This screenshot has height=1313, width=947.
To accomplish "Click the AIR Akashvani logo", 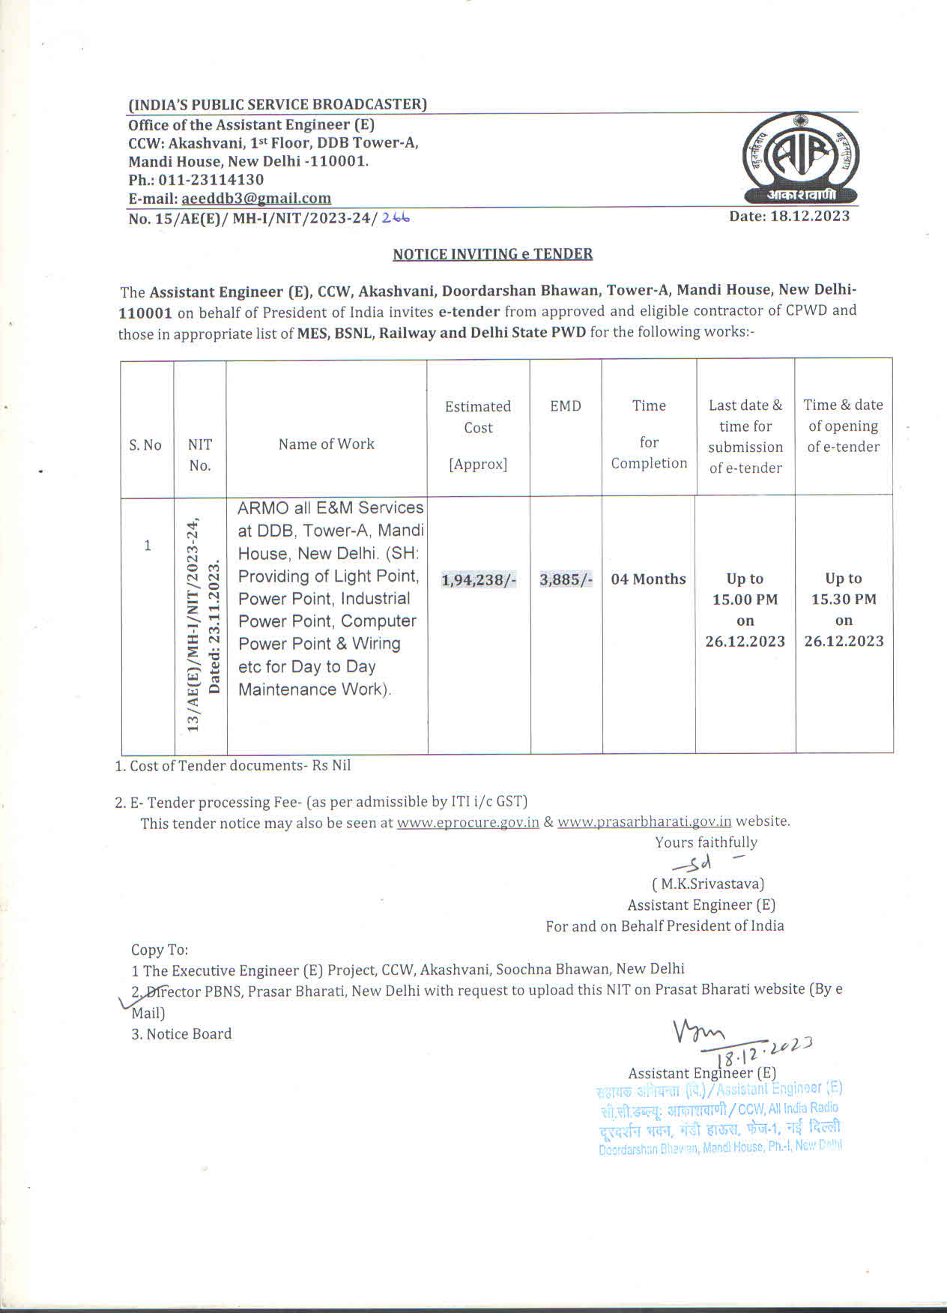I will (800, 158).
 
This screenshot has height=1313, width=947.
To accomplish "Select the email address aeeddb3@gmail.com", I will (255, 199).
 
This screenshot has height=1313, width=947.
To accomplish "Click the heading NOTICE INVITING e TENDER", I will (492, 254).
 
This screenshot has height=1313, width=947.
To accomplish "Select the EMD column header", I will (566, 406).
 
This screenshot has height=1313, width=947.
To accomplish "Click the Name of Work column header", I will (326, 444).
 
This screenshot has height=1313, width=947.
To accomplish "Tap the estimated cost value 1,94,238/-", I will (479, 579).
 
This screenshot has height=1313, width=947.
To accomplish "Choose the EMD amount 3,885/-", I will (566, 579).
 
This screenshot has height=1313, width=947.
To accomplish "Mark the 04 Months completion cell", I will (648, 579).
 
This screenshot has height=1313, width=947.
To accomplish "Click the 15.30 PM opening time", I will (844, 600).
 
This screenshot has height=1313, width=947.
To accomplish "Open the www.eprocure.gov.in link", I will (468, 822).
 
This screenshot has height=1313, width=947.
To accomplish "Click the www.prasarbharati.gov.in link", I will (644, 821).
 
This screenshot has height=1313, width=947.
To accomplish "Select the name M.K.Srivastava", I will (708, 884).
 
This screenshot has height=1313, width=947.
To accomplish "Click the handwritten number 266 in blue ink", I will (396, 217).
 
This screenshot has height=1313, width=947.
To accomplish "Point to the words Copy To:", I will (160, 950).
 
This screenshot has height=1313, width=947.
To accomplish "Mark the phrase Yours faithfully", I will (706, 842).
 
